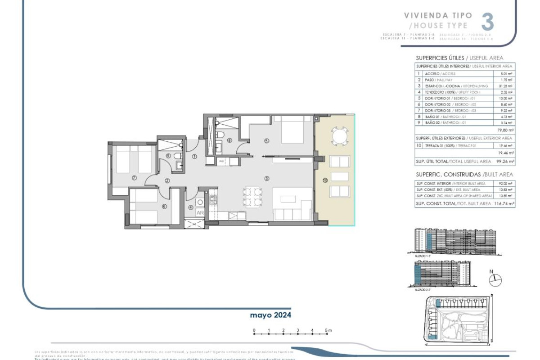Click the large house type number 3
click(x=487, y=22)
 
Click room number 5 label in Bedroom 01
click(x=266, y=141)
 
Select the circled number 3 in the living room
click(x=266, y=179)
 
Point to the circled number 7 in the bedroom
click(x=134, y=178)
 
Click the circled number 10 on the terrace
click(x=325, y=180)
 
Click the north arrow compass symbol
click(x=494, y=279)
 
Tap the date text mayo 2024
click(x=270, y=315)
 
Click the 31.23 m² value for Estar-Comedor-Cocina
click(x=506, y=86)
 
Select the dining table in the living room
click(x=252, y=196)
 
